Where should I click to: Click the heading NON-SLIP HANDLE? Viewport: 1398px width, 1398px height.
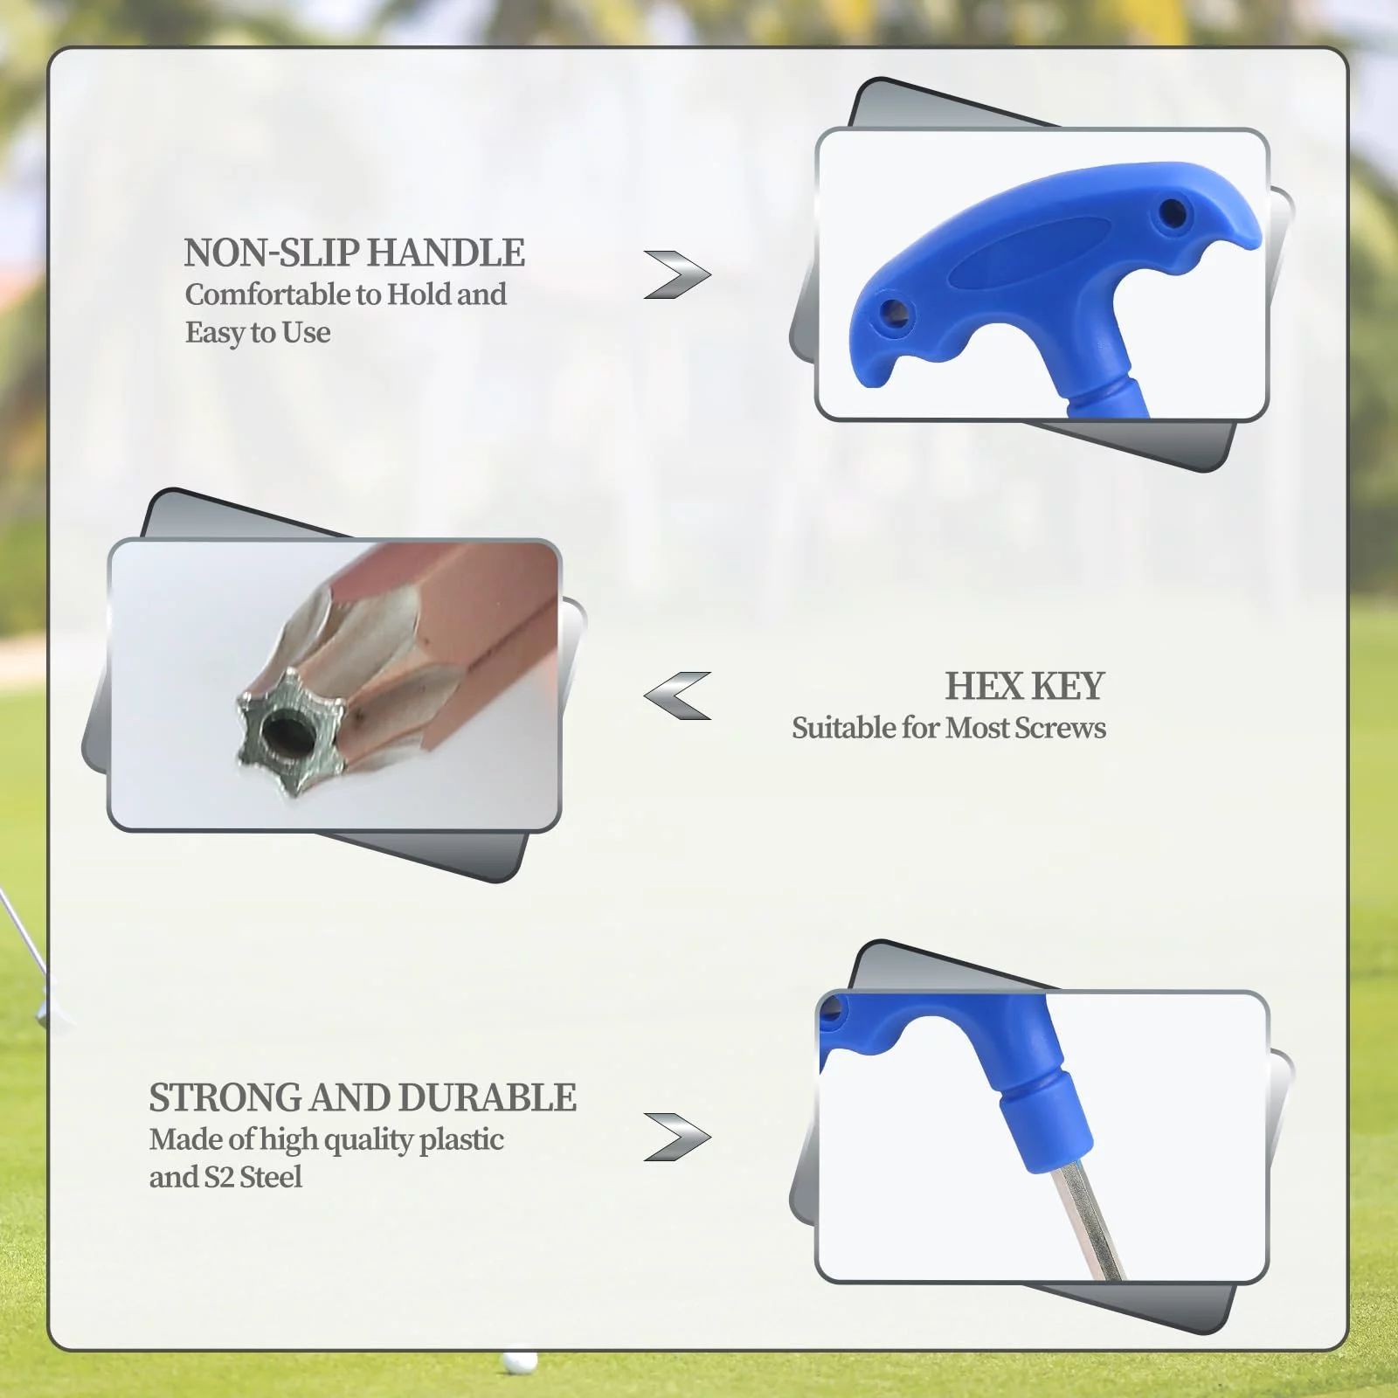(x=354, y=253)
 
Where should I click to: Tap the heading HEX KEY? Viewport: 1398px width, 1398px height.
(x=1024, y=686)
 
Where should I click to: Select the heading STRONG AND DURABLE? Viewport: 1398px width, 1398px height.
(x=363, y=1097)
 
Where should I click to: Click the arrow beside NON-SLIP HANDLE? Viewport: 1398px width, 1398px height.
(x=677, y=274)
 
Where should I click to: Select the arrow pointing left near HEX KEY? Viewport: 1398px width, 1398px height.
(x=677, y=696)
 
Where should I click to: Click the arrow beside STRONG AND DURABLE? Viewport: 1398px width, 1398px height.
(x=677, y=1137)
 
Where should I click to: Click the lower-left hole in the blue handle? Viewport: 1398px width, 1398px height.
(x=892, y=312)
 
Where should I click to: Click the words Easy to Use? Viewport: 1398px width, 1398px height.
(x=258, y=333)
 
